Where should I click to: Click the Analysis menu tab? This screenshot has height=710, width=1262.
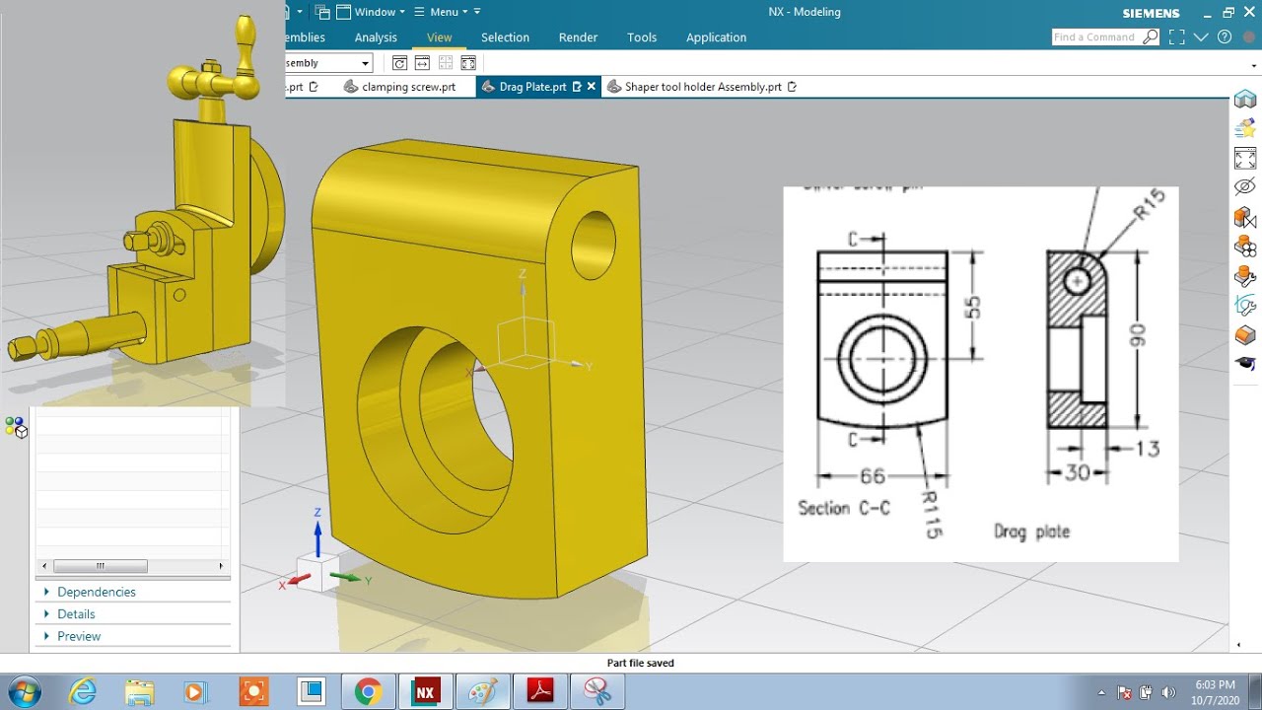tap(376, 37)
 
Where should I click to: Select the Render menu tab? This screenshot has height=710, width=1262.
tap(578, 37)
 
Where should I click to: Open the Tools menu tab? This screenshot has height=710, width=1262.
tap(642, 37)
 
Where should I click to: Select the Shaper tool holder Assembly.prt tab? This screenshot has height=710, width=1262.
tap(702, 87)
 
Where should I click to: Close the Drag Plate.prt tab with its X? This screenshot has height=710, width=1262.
tap(592, 87)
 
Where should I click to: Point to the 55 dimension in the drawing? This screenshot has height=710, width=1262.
tap(973, 306)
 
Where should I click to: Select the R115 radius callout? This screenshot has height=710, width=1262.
tap(932, 514)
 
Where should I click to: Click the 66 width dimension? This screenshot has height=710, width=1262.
tap(872, 476)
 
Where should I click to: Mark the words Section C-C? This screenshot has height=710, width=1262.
tap(844, 508)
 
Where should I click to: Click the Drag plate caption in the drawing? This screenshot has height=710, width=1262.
tap(1031, 532)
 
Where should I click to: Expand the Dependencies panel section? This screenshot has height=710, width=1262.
tap(96, 592)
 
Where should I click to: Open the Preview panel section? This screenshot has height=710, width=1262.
tap(79, 636)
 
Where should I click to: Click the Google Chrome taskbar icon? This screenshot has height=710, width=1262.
tap(368, 691)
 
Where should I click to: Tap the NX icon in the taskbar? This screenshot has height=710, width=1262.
tap(425, 691)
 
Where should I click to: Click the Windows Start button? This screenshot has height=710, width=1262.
tap(22, 691)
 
